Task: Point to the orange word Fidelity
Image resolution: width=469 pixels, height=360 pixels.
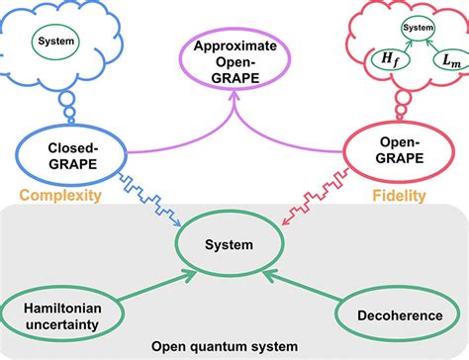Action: tap(400, 196)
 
